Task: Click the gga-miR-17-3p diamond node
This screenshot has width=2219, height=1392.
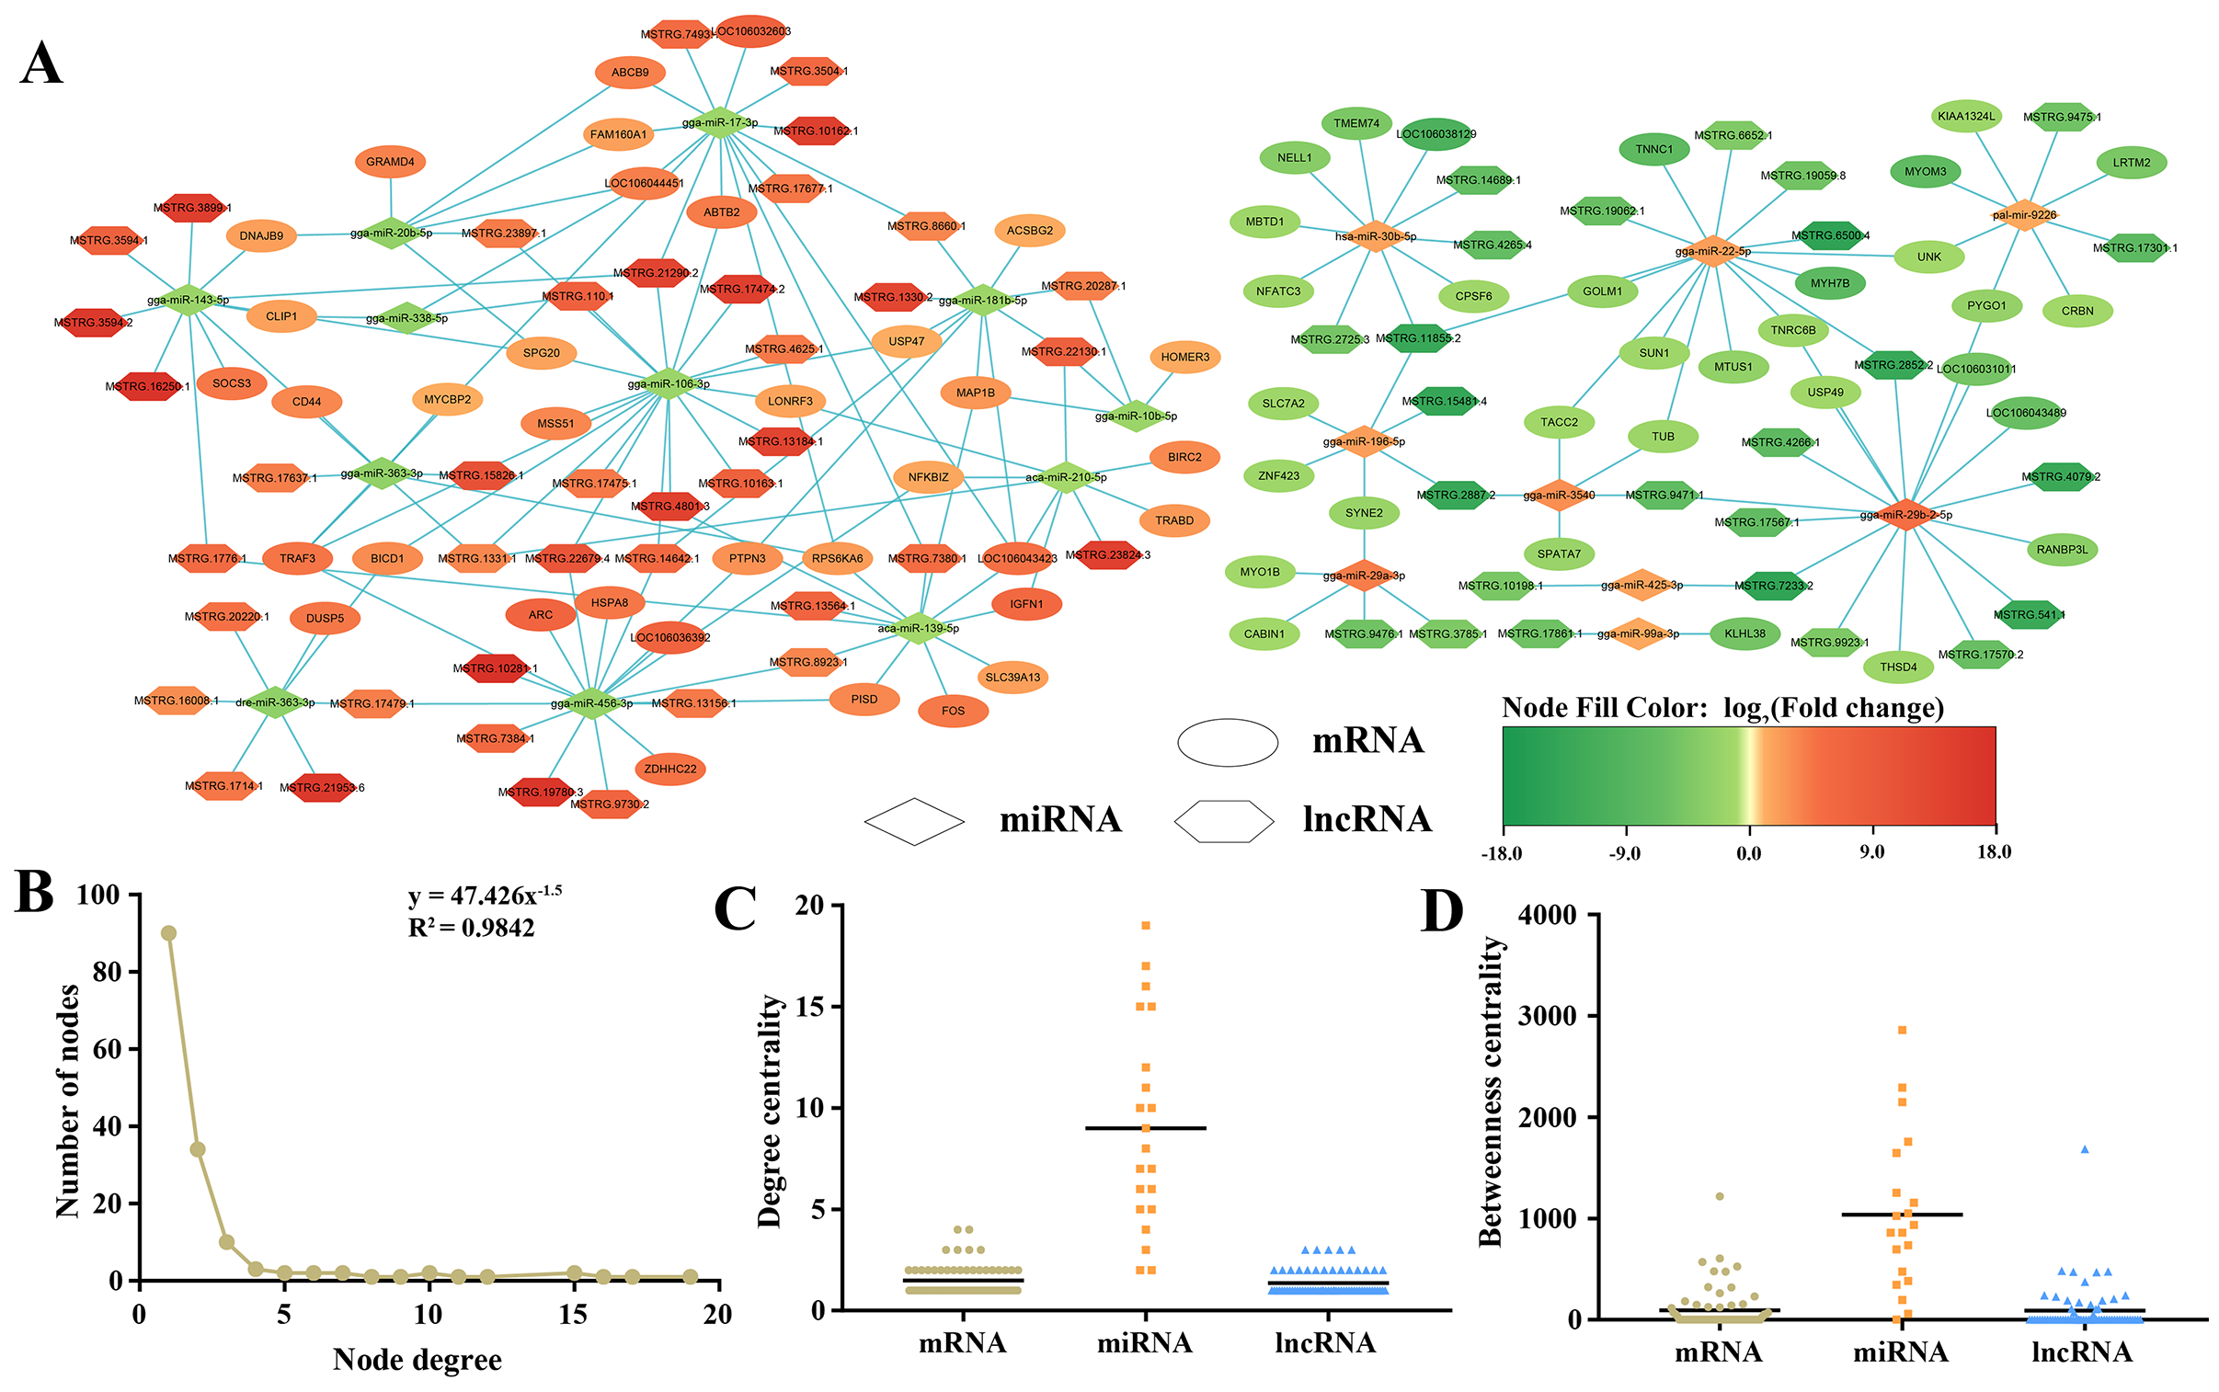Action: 720,122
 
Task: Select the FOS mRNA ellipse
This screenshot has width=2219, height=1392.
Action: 953,711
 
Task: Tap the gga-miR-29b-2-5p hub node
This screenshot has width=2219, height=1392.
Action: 1905,515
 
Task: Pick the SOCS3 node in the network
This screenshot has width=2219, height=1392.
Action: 231,383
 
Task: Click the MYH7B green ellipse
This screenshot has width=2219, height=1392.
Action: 1829,283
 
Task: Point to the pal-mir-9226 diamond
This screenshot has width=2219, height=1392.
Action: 2024,214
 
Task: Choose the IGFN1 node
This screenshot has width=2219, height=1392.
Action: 1026,604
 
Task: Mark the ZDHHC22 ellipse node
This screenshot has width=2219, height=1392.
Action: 670,769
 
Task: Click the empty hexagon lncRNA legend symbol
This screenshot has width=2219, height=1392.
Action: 1224,821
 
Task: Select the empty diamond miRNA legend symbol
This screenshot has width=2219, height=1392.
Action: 914,821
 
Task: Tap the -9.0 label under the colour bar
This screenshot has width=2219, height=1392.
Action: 1624,852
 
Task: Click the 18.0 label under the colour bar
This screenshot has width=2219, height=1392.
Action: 1994,851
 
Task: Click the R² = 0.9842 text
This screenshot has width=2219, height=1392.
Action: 471,927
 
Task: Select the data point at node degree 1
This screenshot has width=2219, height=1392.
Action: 168,932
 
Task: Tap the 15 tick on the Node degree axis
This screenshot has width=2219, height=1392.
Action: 573,1315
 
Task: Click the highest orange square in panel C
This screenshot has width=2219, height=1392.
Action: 1146,925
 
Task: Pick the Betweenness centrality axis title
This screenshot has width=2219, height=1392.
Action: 1491,1091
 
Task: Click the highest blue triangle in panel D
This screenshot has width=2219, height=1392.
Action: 2085,1149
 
